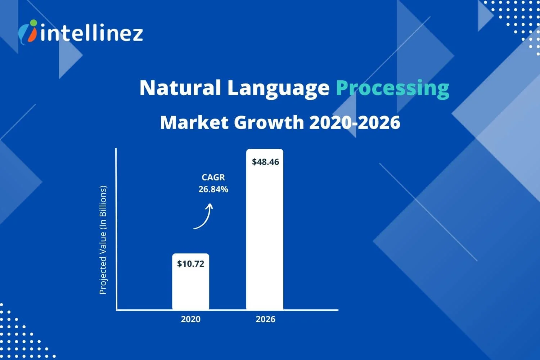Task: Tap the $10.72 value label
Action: tap(190, 264)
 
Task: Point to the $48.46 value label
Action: tap(265, 162)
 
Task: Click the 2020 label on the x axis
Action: tap(190, 319)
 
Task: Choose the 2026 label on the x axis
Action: tap(265, 319)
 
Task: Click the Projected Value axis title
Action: tap(103, 240)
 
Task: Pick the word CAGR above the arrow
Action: tap(213, 177)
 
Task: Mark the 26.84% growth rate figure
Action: tap(213, 189)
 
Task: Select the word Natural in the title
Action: tap(180, 87)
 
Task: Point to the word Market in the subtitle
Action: tap(194, 122)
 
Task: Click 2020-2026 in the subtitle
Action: tap(355, 122)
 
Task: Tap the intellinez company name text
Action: tap(92, 33)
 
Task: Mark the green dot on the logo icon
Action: tap(33, 23)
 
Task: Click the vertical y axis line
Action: tap(116, 227)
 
